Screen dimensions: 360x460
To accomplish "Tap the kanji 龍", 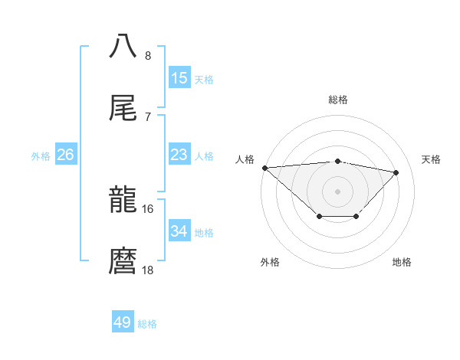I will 123,201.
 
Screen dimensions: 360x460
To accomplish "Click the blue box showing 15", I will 179,78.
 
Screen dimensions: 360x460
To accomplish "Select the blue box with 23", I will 179,155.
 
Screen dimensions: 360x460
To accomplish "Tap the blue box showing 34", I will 179,231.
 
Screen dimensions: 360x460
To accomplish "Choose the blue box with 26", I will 65,155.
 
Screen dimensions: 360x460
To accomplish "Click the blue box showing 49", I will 123,322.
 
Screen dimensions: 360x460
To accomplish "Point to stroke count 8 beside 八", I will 148,56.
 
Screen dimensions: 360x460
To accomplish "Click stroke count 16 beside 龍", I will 148,208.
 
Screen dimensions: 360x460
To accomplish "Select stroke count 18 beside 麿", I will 148,270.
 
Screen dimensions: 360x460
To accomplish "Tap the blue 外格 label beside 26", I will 41,155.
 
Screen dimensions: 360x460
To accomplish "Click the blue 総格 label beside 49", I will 147,324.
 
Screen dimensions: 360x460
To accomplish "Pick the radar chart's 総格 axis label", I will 337,100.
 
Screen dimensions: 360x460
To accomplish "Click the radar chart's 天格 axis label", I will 431,159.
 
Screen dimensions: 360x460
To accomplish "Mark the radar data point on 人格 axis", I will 264,168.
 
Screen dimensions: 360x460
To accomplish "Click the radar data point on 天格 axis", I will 396,172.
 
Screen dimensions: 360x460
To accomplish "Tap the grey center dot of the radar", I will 337,191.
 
